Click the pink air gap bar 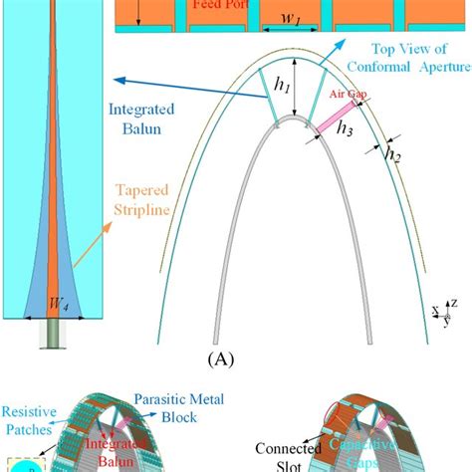332,129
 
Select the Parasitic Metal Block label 200,407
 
